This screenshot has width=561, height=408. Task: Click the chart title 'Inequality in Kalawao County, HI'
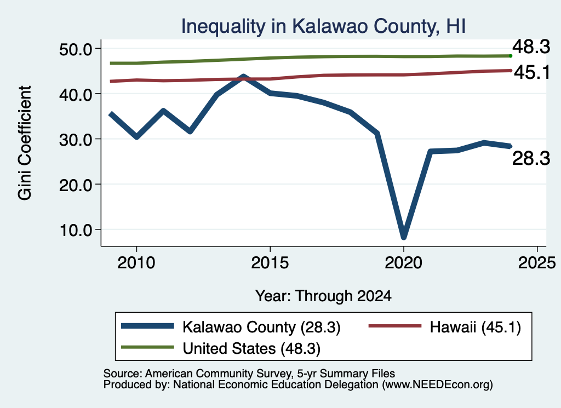point(323,26)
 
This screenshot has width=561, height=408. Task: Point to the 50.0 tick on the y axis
point(76,49)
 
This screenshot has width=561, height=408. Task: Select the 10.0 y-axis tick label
point(76,230)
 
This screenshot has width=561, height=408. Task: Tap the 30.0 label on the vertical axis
point(76,140)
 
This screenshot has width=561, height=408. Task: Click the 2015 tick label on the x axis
point(270,263)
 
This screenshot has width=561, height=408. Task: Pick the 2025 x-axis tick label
point(537,263)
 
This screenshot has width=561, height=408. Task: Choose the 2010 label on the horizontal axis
point(136,263)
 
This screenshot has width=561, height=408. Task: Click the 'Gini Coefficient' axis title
point(25,143)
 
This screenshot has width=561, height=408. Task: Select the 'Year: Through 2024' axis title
point(323,296)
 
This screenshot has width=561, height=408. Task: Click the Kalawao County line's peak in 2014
point(243,77)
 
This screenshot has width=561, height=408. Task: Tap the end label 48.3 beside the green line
point(531,47)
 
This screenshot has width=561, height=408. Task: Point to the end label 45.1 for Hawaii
point(532,73)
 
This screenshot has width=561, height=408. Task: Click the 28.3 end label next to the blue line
point(531,158)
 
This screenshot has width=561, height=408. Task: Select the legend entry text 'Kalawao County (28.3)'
point(261,327)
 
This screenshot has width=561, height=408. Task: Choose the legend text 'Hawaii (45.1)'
point(476,327)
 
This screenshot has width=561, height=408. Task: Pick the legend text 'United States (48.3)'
point(251,349)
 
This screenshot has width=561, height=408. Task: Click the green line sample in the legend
point(147,347)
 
